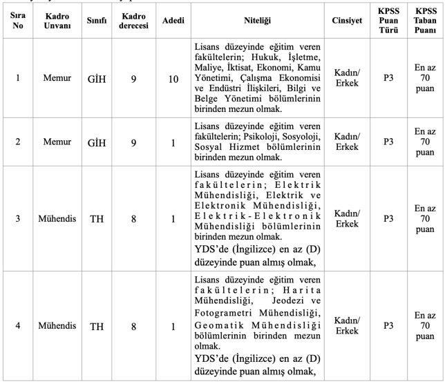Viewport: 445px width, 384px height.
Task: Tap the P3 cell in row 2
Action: tap(387, 142)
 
